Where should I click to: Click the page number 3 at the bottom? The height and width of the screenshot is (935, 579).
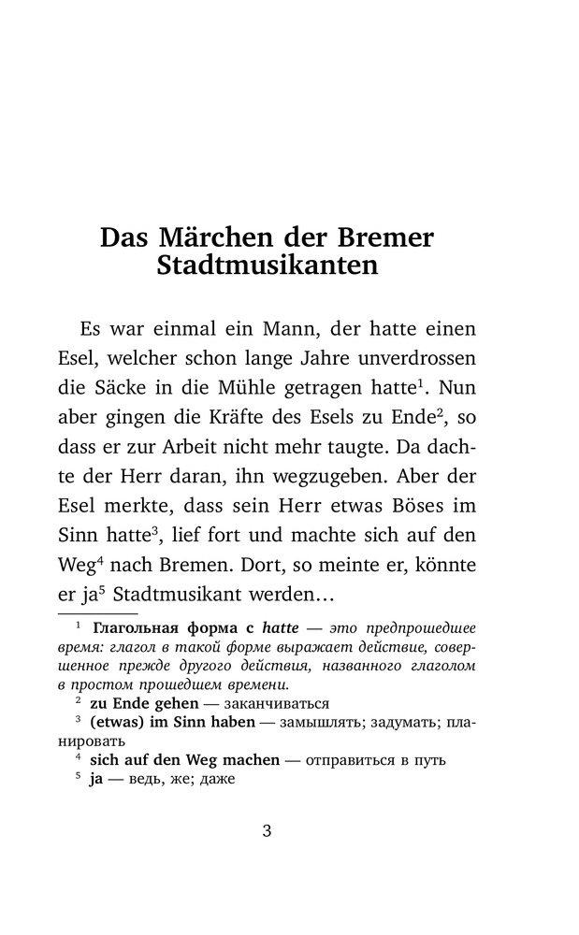pos(267,832)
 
